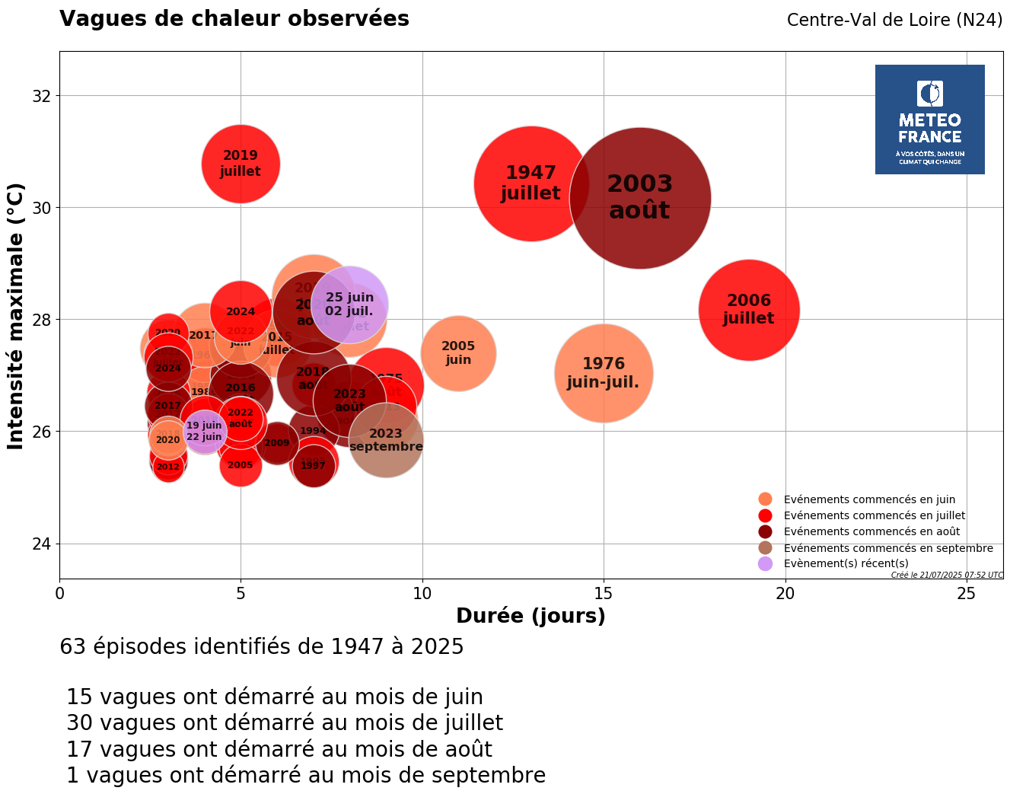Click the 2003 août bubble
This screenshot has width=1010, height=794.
640,198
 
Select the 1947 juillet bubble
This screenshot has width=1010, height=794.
530,183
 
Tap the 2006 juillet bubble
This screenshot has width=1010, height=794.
749,310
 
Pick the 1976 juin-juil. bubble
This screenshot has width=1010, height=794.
604,373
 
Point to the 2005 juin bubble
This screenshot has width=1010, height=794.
458,353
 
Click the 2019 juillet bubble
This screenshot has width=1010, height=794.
241,164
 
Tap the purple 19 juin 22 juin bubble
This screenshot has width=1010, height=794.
204,431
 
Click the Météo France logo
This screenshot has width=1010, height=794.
929,120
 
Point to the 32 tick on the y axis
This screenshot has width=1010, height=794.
42,96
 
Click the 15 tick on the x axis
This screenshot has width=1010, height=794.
604,593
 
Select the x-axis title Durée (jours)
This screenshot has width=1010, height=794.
530,616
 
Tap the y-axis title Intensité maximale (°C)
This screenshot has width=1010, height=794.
16,315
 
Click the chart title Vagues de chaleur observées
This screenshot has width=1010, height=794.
234,19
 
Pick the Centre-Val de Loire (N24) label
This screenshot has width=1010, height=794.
894,20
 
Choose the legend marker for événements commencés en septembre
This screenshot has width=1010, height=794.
766,548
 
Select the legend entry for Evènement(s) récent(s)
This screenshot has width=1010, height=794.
846,563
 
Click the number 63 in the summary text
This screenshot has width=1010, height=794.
72,647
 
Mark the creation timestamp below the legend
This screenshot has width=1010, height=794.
947,575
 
